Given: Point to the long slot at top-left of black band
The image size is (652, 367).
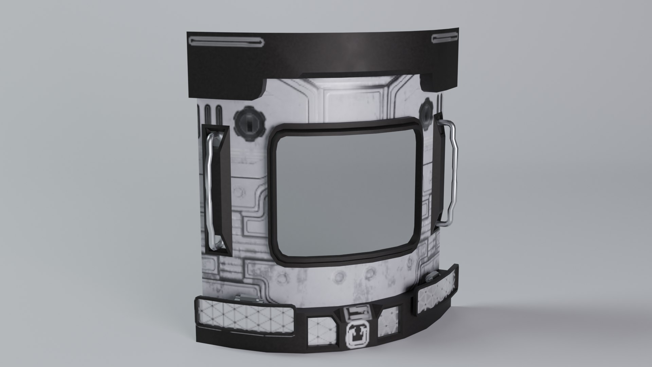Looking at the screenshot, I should point(225,41).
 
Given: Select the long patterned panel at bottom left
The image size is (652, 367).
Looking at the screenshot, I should point(245,315).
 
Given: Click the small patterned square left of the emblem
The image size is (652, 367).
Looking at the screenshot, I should point(321,330).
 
